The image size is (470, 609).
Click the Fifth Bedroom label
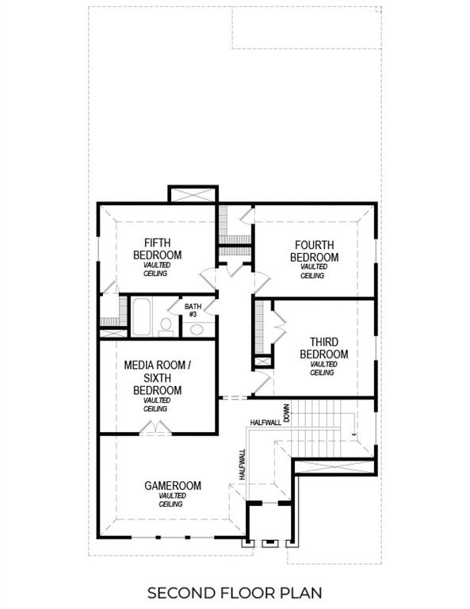pyautogui.click(x=162, y=248)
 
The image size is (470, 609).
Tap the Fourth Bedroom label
pyautogui.click(x=314, y=251)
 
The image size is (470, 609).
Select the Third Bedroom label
pyautogui.click(x=323, y=348)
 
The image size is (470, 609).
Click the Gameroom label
pyautogui.click(x=173, y=485)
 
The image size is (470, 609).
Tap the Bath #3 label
pyautogui.click(x=193, y=310)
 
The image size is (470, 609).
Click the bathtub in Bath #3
pyautogui.click(x=143, y=316)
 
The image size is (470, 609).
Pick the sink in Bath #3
pyautogui.click(x=197, y=329)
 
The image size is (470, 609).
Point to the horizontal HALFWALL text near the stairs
pyautogui.click(x=265, y=423)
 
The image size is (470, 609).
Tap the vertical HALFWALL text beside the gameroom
pyautogui.click(x=242, y=464)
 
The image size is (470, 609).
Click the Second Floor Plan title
pyautogui.click(x=235, y=592)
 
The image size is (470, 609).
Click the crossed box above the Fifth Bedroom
pyautogui.click(x=193, y=194)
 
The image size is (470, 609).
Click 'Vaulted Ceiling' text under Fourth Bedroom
pyautogui.click(x=313, y=271)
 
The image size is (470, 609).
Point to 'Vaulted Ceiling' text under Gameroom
pyautogui.click(x=172, y=500)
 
